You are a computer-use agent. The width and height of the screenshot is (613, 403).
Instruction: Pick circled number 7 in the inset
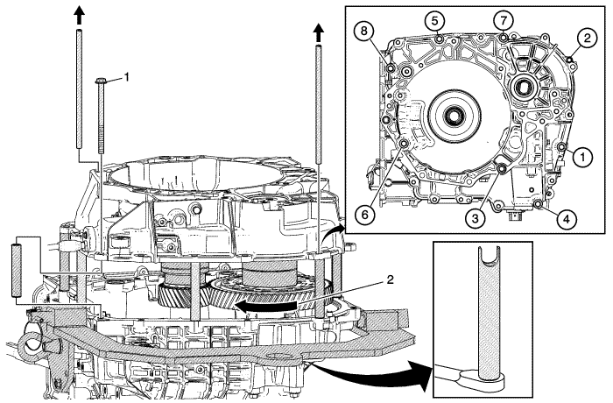coord(501,19)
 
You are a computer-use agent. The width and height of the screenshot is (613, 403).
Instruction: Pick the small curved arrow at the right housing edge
coord(334,234)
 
